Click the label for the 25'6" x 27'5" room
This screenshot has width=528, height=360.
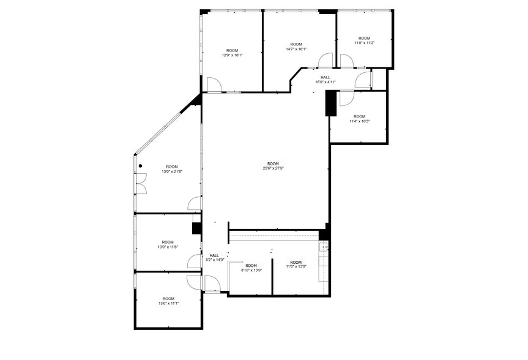[273, 166]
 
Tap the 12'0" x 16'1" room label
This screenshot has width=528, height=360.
[232, 53]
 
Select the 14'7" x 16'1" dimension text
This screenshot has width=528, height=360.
[296, 47]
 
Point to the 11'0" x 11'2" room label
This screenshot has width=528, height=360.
[364, 40]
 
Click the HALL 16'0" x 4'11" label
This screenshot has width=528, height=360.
[325, 80]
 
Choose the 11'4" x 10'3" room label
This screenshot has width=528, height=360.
[359, 119]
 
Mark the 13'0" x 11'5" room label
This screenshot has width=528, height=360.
[168, 244]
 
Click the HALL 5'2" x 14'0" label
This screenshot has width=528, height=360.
[214, 258]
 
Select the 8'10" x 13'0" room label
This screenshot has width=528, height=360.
[251, 268]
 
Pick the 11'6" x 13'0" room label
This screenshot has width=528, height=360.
[296, 264]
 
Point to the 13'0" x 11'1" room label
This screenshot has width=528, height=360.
[168, 301]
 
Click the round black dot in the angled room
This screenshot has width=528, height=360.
[140, 165]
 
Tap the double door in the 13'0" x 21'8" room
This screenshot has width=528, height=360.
[141, 184]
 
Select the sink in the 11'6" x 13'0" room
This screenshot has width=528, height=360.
[324, 247]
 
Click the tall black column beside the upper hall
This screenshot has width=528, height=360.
[331, 103]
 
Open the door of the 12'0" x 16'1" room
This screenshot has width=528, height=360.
[214, 84]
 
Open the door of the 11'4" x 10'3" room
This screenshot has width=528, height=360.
[346, 97]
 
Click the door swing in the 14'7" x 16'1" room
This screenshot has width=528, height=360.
[325, 60]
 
